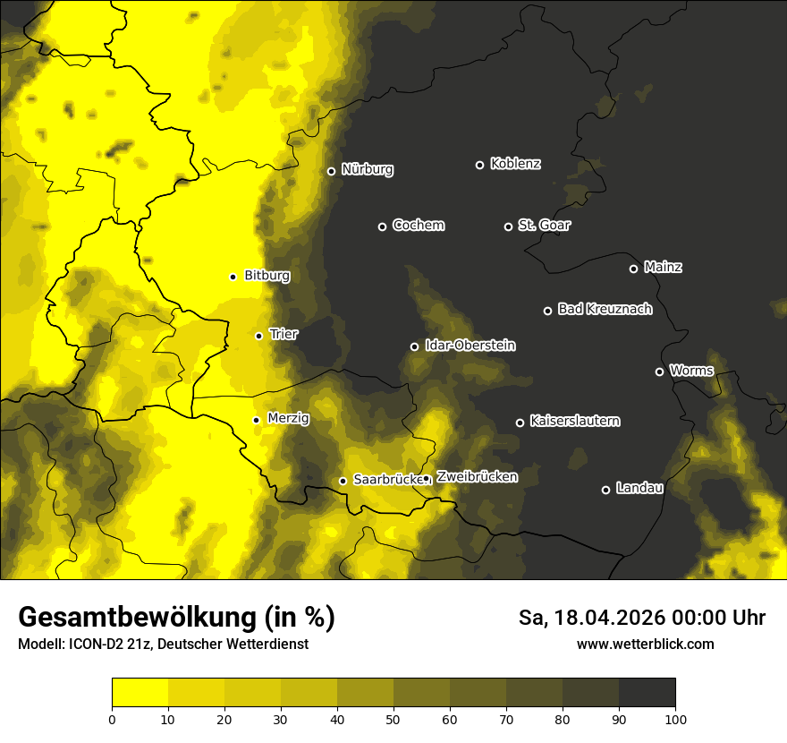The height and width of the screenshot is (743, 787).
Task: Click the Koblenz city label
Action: click(515, 164)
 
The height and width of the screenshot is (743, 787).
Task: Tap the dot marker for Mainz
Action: click(633, 269)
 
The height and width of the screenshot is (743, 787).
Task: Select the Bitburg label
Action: click(267, 276)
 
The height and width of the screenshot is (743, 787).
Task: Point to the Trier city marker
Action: click(258, 336)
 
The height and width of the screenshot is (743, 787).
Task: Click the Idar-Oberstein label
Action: click(470, 346)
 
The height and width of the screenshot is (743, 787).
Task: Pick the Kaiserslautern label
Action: click(574, 421)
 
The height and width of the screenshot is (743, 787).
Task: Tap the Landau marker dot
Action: click(605, 490)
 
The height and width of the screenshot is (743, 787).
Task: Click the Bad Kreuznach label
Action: click(605, 309)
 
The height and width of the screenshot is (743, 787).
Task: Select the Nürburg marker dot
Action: click(331, 171)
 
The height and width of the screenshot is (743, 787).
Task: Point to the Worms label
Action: click(691, 371)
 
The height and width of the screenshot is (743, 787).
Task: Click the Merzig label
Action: click(288, 418)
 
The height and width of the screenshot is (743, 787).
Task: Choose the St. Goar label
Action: click(544, 226)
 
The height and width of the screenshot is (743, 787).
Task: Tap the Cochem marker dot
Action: click(382, 226)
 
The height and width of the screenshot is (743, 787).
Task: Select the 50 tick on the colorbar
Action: click(393, 719)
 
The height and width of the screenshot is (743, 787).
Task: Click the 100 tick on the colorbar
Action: click(675, 719)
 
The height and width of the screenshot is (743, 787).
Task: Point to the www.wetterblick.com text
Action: click(645, 644)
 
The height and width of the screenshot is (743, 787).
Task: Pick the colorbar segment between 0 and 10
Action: click(140, 692)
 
